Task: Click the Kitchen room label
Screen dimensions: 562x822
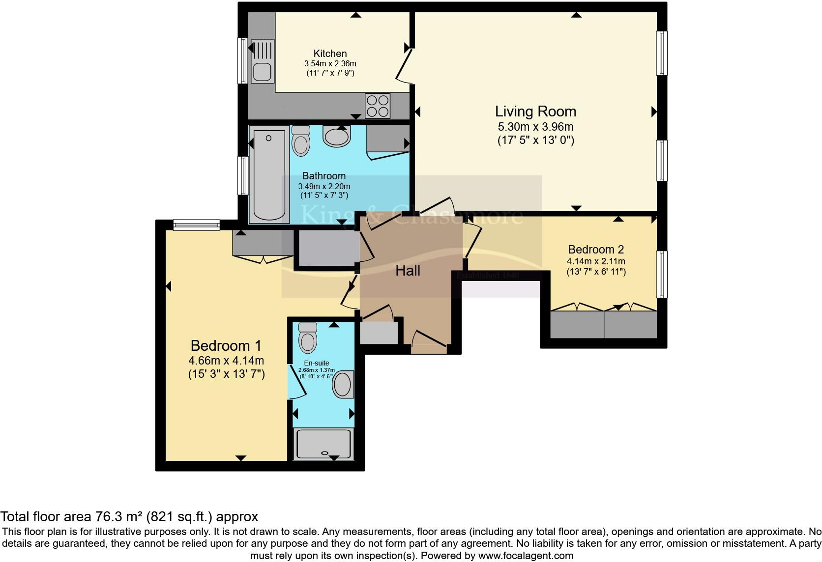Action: pyautogui.click(x=330, y=54)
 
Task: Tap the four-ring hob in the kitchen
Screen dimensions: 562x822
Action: pyautogui.click(x=378, y=106)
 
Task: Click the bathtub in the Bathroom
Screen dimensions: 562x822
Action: pyautogui.click(x=269, y=174)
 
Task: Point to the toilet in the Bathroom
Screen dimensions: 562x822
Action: pyautogui.click(x=300, y=140)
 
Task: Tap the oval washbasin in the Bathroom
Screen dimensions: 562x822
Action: pyautogui.click(x=336, y=136)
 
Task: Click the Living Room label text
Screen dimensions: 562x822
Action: pyautogui.click(x=535, y=112)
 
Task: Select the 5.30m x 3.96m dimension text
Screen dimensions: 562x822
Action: pyautogui.click(x=535, y=127)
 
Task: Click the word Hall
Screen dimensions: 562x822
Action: pyautogui.click(x=408, y=271)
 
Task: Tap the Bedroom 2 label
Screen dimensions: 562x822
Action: pyautogui.click(x=596, y=250)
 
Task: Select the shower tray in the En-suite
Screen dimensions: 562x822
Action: pyautogui.click(x=323, y=444)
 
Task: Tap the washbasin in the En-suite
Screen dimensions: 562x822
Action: pyautogui.click(x=343, y=384)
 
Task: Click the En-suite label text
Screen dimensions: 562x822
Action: pyautogui.click(x=316, y=364)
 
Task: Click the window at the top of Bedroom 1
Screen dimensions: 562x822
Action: pyautogui.click(x=196, y=225)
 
